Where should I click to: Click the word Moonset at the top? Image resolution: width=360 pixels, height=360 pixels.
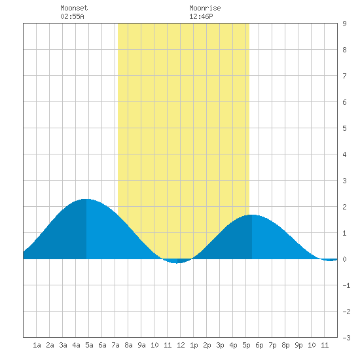(74, 8)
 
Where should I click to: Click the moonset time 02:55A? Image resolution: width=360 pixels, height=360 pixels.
(72, 16)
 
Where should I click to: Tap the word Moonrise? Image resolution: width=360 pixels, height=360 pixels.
(205, 8)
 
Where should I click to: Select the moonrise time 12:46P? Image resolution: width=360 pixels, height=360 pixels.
(201, 16)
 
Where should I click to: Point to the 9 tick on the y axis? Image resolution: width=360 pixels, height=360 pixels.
(344, 24)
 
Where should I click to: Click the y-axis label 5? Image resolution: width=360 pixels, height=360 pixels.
(344, 128)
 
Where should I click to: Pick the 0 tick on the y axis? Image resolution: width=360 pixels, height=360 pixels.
(344, 259)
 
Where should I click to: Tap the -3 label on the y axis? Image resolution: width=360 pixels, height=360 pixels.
(346, 338)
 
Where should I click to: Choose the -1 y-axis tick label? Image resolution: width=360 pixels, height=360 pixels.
(346, 285)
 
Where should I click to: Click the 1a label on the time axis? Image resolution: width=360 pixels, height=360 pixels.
(37, 345)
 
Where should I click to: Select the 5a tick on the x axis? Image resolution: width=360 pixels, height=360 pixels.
(89, 345)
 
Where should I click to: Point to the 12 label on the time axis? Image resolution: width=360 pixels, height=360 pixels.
(181, 345)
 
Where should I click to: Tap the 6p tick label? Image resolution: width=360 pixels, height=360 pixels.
(259, 345)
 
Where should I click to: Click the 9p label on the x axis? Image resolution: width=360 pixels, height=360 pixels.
(298, 345)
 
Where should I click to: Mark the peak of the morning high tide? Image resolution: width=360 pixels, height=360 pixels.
(86, 199)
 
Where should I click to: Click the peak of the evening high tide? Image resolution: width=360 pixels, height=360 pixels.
(252, 215)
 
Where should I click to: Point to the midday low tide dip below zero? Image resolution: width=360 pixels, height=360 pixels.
(176, 262)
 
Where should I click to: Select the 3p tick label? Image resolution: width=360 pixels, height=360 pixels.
(220, 345)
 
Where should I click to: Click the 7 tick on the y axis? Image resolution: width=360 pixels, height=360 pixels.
(344, 76)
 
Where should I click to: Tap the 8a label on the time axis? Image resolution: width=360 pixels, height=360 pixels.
(128, 345)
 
